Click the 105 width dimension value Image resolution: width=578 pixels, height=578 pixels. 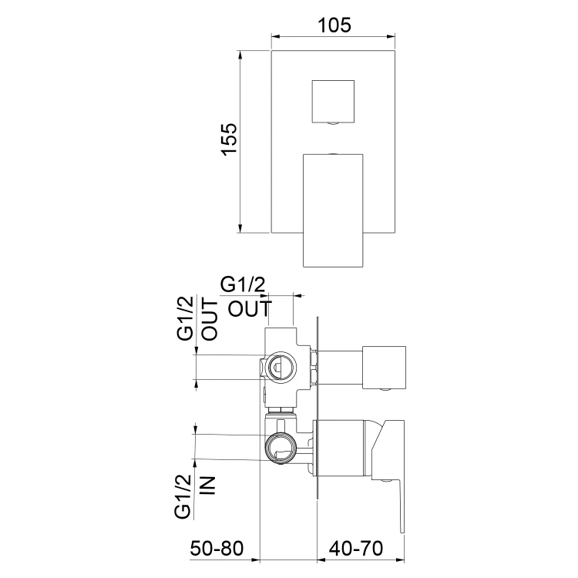tap(334, 25)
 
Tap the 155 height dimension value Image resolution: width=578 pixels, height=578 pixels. tap(230, 139)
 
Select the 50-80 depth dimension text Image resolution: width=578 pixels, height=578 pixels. tap(217, 548)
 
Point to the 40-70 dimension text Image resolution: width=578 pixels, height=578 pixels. tap(356, 548)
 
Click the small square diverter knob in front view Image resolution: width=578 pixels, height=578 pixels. tap(333, 102)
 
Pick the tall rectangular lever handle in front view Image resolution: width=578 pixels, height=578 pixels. tap(333, 210)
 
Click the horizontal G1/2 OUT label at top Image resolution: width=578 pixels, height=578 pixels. tap(247, 297)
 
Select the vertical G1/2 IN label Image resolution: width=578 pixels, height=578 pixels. tap(194, 496)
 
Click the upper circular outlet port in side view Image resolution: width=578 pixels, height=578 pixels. tap(281, 368)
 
